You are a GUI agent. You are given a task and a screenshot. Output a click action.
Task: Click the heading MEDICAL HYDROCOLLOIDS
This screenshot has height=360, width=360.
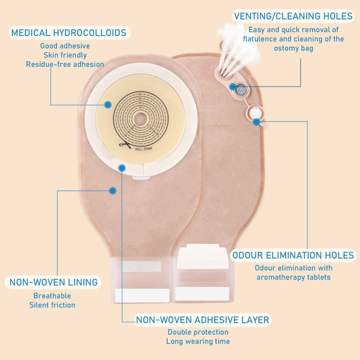pos(68,33)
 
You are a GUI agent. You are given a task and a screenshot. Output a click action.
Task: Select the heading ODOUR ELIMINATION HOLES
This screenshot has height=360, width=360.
pos(293,255)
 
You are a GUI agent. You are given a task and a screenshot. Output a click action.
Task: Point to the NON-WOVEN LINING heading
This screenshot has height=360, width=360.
pos(53,282)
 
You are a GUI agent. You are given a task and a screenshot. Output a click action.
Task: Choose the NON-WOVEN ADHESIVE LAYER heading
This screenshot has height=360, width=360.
pos(202,319)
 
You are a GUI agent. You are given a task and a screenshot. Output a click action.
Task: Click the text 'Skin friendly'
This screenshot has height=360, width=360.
pos(65,55)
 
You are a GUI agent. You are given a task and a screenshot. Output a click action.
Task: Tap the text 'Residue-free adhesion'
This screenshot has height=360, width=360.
pos(65,64)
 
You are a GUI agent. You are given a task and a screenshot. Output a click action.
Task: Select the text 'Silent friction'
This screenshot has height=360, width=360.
pos(52,305)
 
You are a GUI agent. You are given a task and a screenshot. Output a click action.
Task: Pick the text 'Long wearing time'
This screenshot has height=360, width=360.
pos(198,341)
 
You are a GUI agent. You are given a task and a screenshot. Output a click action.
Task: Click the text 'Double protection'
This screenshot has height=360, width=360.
pos(198,332)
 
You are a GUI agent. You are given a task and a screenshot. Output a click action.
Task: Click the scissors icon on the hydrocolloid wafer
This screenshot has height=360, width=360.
pos(123,145)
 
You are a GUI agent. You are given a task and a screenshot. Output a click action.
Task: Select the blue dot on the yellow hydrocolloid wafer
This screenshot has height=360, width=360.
pos(108,104)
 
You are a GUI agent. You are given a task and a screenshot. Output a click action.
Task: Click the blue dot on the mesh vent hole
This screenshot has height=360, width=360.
pos(233,87)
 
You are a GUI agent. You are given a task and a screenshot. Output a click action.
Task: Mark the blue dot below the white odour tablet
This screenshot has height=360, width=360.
pos(256,121)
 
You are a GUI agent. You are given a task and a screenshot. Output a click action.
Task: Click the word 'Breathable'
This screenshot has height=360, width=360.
pos(52,296)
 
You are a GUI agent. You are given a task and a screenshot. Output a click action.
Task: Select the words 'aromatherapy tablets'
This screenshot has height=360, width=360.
pos(293,277)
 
